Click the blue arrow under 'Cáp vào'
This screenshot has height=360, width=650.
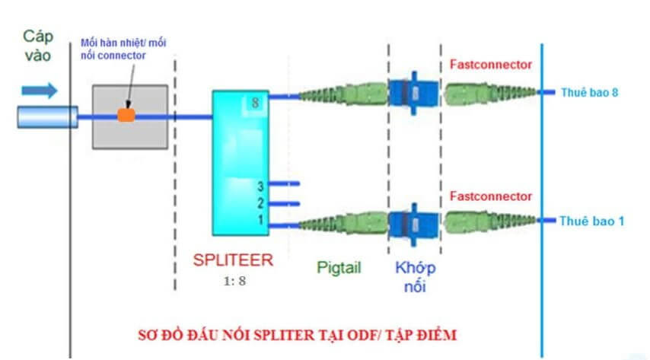click(39, 91)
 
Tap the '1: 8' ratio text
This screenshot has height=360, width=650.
click(234, 280)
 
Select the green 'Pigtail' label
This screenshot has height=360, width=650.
click(338, 267)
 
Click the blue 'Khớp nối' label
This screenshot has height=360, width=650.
click(416, 276)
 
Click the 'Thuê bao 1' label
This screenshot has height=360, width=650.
click(592, 221)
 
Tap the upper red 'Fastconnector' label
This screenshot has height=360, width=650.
click(491, 65)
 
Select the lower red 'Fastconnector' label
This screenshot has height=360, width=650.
click(491, 196)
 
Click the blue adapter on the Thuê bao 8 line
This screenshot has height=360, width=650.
click(411, 94)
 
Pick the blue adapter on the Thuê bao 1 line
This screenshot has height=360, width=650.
click(411, 222)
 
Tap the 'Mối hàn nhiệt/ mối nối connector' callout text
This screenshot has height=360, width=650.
click(114, 49)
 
